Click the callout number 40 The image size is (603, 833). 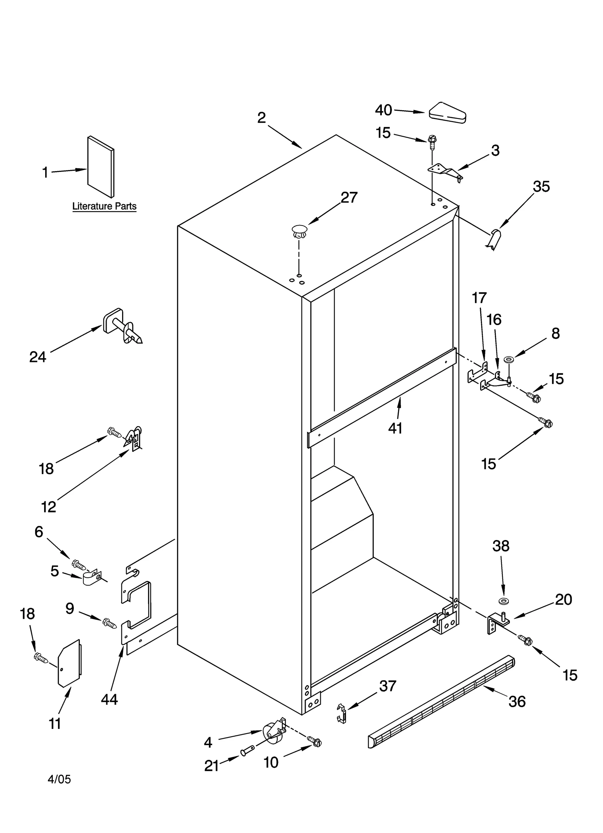tap(383, 110)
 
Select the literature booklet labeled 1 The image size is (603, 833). tap(101, 167)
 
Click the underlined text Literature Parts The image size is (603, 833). tap(104, 206)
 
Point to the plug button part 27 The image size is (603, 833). tap(299, 231)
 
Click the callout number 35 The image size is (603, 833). tap(541, 186)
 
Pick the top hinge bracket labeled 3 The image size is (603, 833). tap(445, 171)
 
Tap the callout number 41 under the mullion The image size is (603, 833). tap(395, 428)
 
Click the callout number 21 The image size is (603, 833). tap(211, 766)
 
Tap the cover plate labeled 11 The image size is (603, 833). tap(69, 663)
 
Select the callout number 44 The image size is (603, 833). tap(109, 700)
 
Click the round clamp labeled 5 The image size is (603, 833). tap(90, 578)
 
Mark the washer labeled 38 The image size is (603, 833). tap(503, 600)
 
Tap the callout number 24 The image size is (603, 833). tap(38, 357)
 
